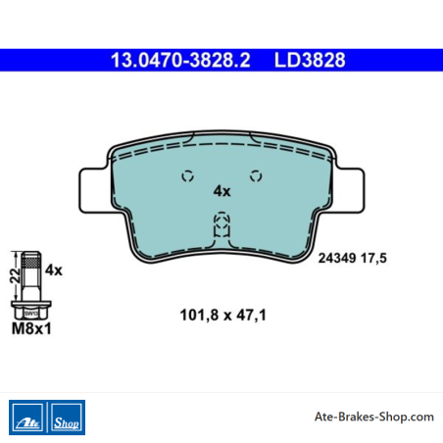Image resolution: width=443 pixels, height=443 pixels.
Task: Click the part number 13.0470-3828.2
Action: (x=180, y=60)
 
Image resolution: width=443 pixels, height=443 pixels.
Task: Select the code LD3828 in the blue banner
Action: (x=310, y=60)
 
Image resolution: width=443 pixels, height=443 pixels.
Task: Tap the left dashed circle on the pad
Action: (x=187, y=176)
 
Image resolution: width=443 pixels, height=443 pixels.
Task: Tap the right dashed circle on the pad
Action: (x=256, y=176)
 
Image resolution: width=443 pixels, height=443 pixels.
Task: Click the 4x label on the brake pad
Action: (x=221, y=191)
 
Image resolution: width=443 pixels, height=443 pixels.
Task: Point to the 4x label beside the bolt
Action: (x=54, y=271)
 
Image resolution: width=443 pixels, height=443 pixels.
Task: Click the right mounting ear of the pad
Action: (x=349, y=190)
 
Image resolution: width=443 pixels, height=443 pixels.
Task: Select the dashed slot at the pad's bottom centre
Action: (x=221, y=224)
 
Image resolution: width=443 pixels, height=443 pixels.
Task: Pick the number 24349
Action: (x=337, y=258)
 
